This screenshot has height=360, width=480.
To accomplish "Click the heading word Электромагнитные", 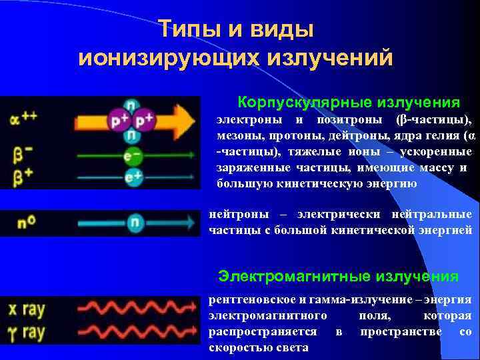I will [296, 276].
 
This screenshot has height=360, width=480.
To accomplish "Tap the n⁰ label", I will [27, 223].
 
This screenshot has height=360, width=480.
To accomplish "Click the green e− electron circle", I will [133, 157].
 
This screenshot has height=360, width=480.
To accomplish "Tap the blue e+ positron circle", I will [133, 177].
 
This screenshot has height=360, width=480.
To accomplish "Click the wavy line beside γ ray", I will [137, 331].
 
